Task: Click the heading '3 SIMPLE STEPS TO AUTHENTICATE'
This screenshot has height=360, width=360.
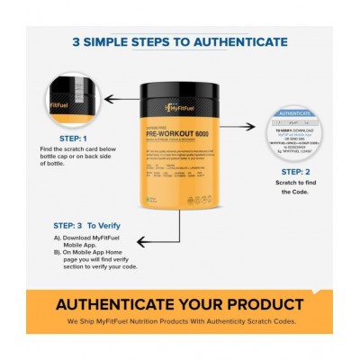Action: coord(180,42)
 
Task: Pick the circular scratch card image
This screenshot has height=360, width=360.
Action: coord(296,134)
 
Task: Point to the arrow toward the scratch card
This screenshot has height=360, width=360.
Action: coord(244,129)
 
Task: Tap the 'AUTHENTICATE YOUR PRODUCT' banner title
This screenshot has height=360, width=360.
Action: coord(180,303)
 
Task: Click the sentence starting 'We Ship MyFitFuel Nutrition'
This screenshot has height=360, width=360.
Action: coord(180,320)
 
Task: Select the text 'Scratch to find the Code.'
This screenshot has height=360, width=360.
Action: coord(298,187)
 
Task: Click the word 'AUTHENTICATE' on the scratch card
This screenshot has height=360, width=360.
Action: coord(296,114)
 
